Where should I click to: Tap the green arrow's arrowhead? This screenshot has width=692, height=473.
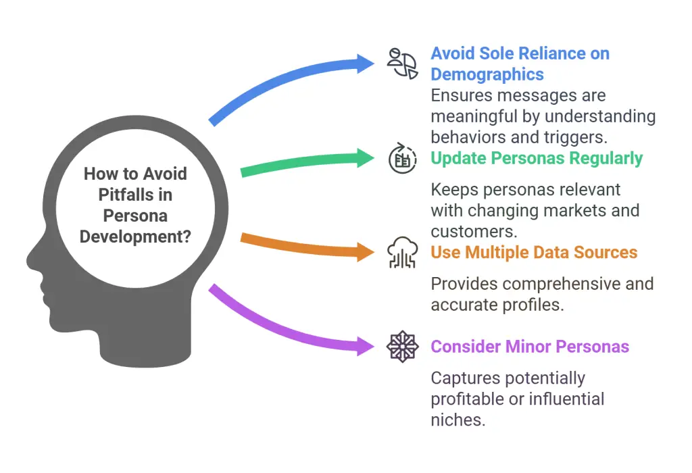(x=366, y=158)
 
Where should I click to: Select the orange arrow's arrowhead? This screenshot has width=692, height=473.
(x=366, y=253)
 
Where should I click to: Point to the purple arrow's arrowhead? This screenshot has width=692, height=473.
(x=366, y=347)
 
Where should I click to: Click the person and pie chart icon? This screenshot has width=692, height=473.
(x=402, y=64)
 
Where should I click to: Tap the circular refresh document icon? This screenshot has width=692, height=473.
(x=402, y=158)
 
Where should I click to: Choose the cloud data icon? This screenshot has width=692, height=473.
(x=402, y=253)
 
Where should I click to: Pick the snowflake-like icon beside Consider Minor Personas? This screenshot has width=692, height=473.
(x=402, y=347)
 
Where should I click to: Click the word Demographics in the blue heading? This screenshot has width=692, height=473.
(x=487, y=74)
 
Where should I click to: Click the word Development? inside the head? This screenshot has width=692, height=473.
(x=135, y=237)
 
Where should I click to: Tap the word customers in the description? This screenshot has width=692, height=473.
(x=474, y=232)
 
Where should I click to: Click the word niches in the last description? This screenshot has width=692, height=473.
(x=458, y=420)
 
